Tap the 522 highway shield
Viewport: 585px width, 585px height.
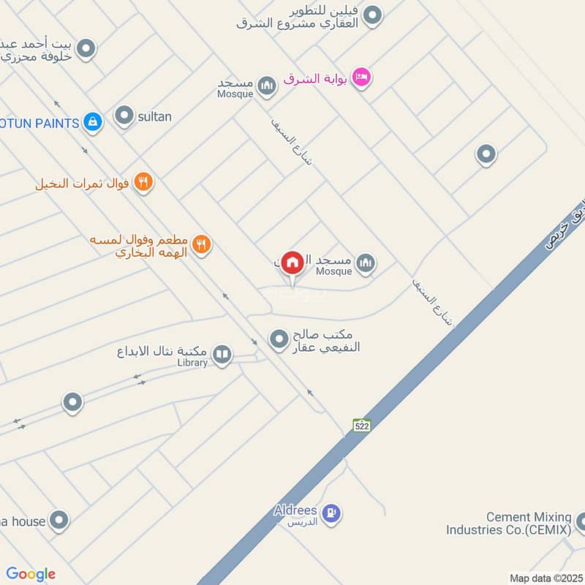tap(361, 426)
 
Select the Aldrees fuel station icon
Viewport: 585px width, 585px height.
tap(331, 514)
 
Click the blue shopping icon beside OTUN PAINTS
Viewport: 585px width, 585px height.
tap(92, 122)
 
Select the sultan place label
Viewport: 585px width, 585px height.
tap(154, 116)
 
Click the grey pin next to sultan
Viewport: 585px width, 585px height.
tap(125, 116)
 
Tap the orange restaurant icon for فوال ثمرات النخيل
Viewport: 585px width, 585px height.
tap(144, 183)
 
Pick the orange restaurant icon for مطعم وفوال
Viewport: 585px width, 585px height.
tap(203, 245)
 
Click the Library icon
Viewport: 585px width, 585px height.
tap(222, 356)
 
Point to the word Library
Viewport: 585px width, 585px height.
tap(192, 363)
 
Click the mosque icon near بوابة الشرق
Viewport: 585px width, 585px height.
tap(267, 87)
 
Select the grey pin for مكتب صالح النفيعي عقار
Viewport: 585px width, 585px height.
tap(279, 339)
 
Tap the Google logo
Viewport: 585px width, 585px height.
tap(31, 574)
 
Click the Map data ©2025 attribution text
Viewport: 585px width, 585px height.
tap(545, 578)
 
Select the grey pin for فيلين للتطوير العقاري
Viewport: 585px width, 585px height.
tap(373, 15)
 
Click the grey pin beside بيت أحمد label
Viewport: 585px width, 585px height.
tap(86, 50)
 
